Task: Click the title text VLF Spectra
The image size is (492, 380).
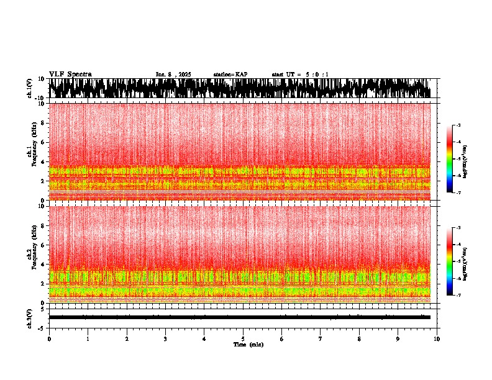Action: (70, 74)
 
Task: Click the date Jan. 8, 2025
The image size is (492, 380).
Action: (173, 75)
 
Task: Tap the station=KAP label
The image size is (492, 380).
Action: (230, 75)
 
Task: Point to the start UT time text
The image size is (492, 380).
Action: (301, 75)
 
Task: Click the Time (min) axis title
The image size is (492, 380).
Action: (248, 345)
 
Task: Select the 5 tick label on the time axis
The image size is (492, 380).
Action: (243, 339)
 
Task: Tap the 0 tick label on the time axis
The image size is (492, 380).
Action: (49, 339)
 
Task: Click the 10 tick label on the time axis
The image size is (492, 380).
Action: (437, 339)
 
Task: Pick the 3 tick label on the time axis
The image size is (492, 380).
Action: (165, 339)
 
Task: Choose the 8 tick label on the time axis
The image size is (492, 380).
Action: (359, 339)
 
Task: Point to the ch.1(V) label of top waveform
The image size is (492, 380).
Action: (30, 89)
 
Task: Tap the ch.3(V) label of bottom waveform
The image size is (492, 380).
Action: (30, 317)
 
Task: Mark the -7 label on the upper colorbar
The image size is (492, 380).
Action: (458, 193)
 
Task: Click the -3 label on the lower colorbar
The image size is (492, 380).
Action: (458, 228)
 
